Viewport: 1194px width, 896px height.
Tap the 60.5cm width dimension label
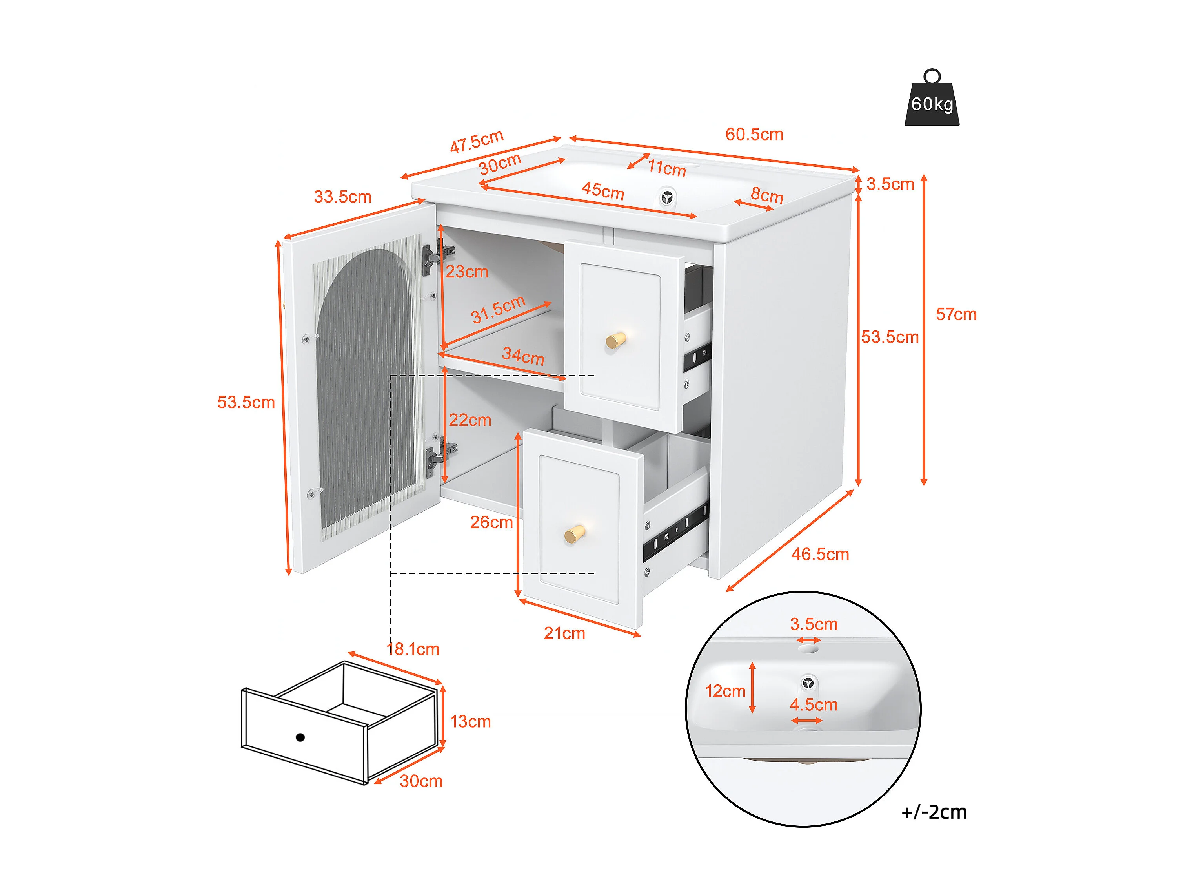(754, 135)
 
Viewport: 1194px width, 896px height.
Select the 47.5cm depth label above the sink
(477, 142)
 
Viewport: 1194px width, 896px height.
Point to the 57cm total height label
(956, 314)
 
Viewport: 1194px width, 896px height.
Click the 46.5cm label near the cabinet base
(820, 554)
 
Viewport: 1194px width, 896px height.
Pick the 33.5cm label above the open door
(343, 197)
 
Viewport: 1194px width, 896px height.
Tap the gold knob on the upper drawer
(615, 340)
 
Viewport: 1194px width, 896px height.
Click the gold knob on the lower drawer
(575, 534)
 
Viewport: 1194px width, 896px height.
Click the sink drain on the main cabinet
(667, 198)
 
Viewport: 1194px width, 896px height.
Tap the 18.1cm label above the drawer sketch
(413, 649)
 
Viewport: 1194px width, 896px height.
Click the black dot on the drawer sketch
(301, 737)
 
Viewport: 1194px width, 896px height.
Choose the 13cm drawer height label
(471, 722)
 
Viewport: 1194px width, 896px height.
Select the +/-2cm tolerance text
(934, 812)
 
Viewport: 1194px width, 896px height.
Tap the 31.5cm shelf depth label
(498, 310)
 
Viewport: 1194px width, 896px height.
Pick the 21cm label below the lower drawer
(564, 633)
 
